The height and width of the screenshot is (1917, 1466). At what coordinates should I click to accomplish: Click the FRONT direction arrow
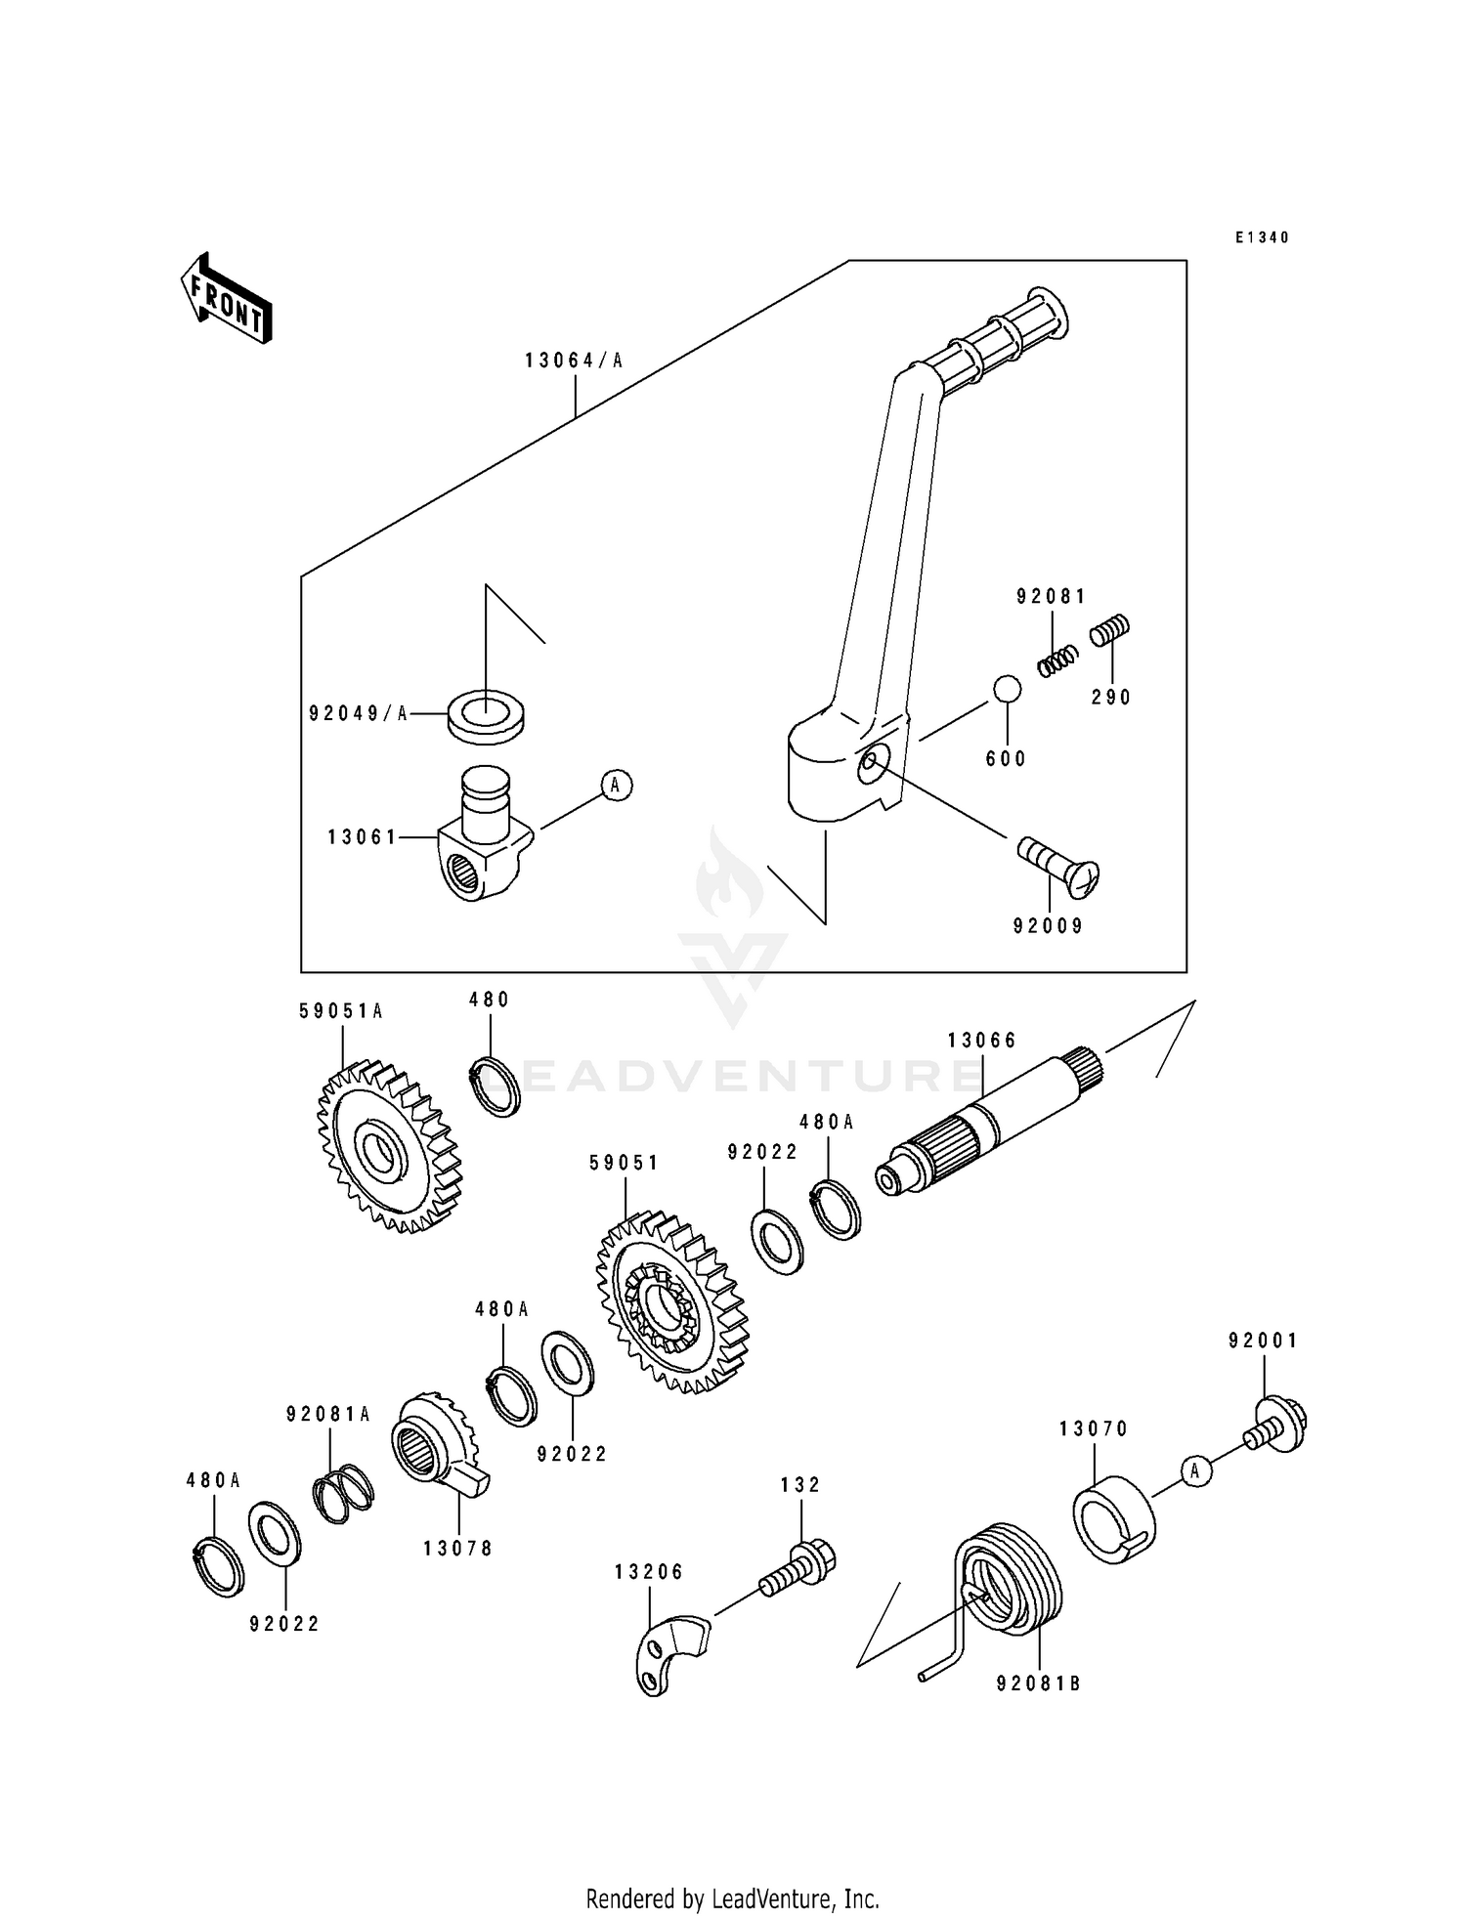click(226, 299)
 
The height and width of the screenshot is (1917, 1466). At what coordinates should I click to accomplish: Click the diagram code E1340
click(1262, 237)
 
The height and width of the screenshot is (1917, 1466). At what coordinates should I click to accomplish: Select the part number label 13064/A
click(574, 361)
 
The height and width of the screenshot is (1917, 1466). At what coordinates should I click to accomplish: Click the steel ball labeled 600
click(1007, 689)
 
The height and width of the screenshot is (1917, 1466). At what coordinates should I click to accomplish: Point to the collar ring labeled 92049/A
click(485, 714)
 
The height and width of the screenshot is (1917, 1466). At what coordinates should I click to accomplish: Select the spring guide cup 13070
click(1114, 1520)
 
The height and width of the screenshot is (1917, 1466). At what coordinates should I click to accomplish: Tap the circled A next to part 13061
click(616, 785)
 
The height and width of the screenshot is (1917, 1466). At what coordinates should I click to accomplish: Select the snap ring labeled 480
click(496, 1086)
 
